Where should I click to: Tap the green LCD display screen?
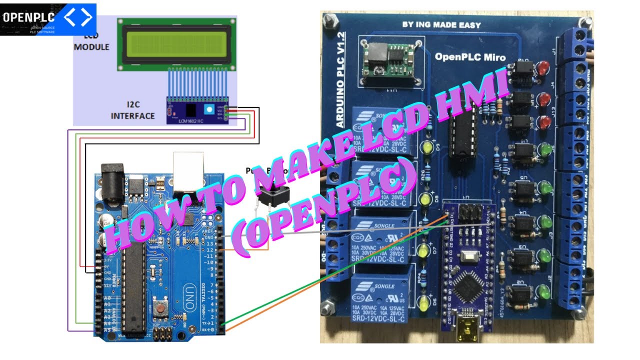tap(176, 44)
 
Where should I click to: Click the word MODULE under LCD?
tap(91, 47)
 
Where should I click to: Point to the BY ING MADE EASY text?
tap(441, 24)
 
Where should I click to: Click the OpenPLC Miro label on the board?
tap(470, 57)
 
